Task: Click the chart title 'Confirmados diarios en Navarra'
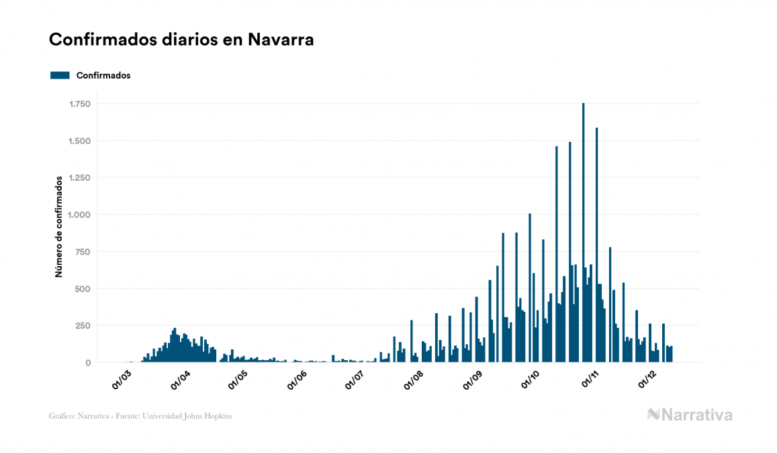181,40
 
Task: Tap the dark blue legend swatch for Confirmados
60,75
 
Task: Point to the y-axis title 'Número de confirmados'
58,226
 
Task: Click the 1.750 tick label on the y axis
80,104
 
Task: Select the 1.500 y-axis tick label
80,141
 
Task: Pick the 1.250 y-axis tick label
80,178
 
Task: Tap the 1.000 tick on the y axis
80,215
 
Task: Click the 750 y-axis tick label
83,252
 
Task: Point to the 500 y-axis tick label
83,289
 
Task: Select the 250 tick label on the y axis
83,326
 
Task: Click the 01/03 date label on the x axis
122,380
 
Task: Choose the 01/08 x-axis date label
414,380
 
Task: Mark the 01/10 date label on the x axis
531,380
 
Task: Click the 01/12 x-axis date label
647,380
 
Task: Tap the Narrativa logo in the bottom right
690,415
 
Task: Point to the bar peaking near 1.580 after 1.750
596,242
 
